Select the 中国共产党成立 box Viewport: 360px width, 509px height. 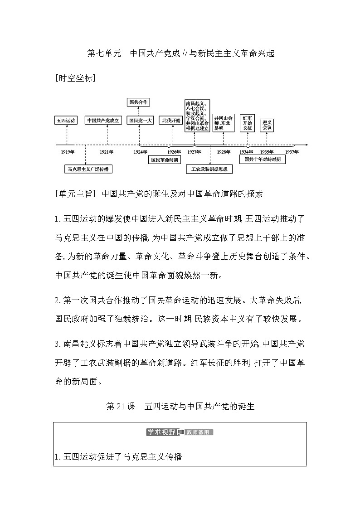click(x=103, y=121)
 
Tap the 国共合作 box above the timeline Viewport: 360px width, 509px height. click(x=139, y=102)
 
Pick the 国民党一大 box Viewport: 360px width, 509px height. click(x=140, y=121)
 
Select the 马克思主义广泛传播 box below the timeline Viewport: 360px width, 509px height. click(x=88, y=169)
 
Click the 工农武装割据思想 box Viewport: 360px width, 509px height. click(x=209, y=170)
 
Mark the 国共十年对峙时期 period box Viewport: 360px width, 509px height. click(x=263, y=160)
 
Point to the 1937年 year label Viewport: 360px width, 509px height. click(x=292, y=152)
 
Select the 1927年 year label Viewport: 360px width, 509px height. click(x=195, y=152)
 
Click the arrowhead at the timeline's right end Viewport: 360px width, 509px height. click(x=306, y=145)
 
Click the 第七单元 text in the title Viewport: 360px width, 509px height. click(x=104, y=53)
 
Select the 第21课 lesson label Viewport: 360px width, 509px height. click(x=121, y=406)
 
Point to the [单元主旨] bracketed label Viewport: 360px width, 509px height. click(x=76, y=194)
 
